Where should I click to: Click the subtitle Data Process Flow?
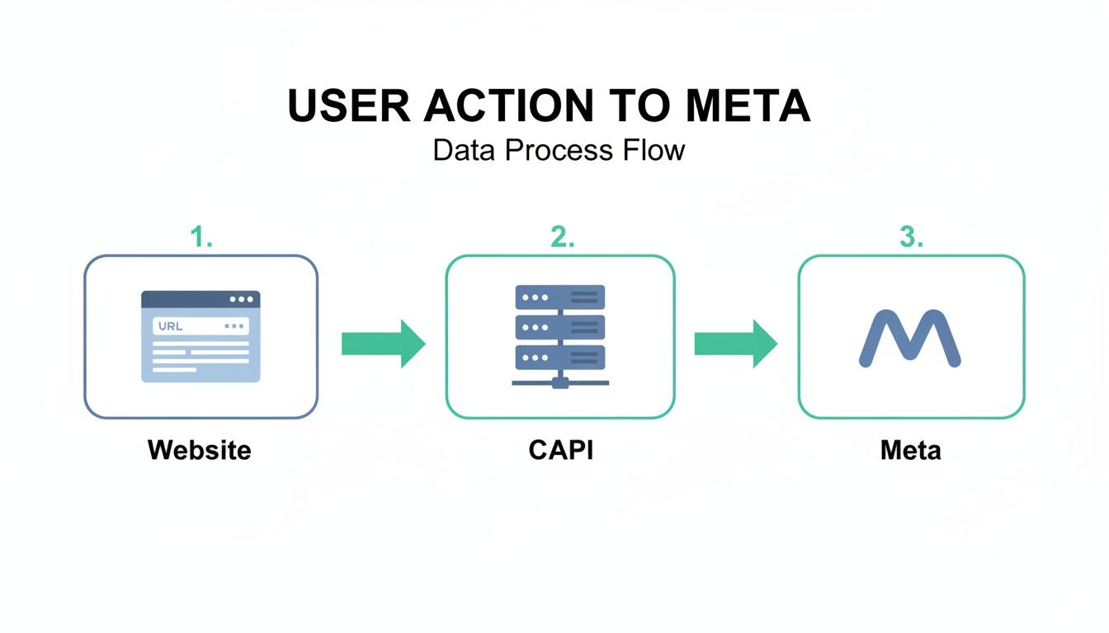pyautogui.click(x=559, y=150)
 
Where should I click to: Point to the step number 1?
pyautogui.click(x=201, y=237)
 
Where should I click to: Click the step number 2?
pyautogui.click(x=562, y=237)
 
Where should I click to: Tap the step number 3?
pyautogui.click(x=911, y=237)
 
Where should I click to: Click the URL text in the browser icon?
pyautogui.click(x=170, y=326)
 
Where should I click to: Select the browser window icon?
pyautogui.click(x=201, y=336)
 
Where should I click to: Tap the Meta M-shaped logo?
pyautogui.click(x=910, y=338)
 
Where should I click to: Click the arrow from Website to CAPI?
pyautogui.click(x=383, y=344)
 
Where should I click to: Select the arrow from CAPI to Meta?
pyautogui.click(x=735, y=344)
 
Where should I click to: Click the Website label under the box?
pyautogui.click(x=199, y=450)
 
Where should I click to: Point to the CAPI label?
pyautogui.click(x=561, y=450)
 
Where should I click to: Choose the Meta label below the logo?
pyautogui.click(x=910, y=450)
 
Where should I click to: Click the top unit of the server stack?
pyautogui.click(x=560, y=298)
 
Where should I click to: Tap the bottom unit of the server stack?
pyautogui.click(x=560, y=357)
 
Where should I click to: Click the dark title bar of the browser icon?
pyautogui.click(x=201, y=299)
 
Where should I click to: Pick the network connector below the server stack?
pyautogui.click(x=560, y=382)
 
